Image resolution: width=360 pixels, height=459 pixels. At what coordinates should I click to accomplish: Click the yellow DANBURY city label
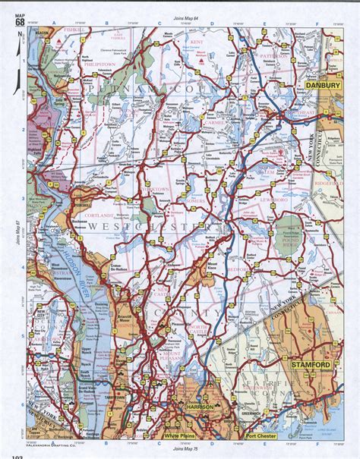(322, 86)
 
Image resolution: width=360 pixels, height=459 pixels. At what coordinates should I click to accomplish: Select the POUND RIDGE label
(291, 244)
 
